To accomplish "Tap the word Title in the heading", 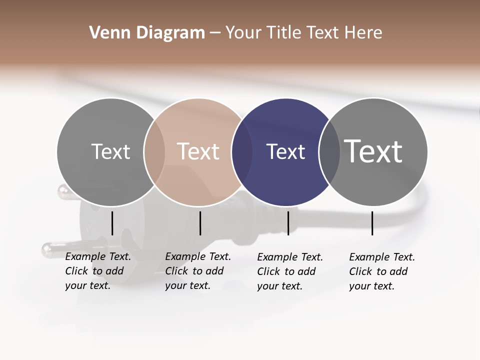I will [x=284, y=33].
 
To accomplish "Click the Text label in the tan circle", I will [x=198, y=151].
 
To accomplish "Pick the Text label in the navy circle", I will [x=285, y=151].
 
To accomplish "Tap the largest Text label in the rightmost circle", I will [x=373, y=151].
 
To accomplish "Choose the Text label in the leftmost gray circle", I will [x=110, y=151].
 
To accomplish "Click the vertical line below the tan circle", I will [x=200, y=223].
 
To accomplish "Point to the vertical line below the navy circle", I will [x=288, y=223].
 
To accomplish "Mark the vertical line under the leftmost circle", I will [x=112, y=223].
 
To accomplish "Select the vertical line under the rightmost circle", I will [x=372, y=223].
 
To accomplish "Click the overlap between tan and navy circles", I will [x=242, y=151].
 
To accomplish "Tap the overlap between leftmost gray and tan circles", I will [x=154, y=151].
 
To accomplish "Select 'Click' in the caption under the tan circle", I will [x=176, y=271].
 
